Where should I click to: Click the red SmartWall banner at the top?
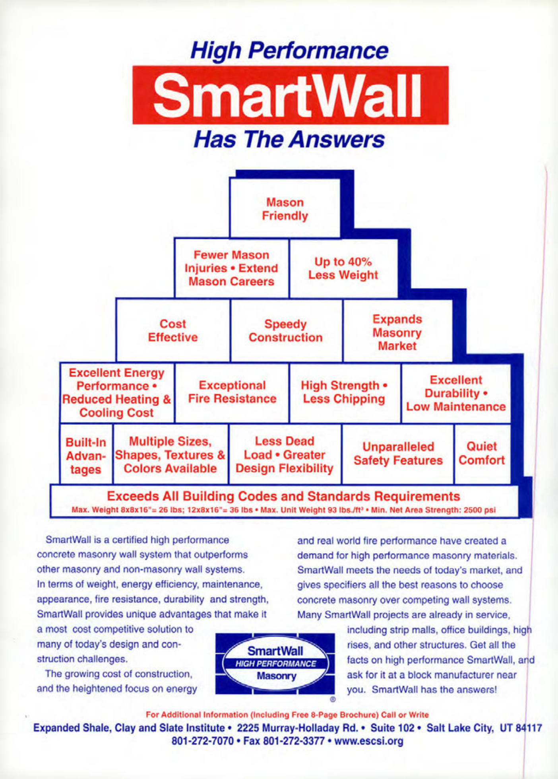291,95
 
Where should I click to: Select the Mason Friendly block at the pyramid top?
285,208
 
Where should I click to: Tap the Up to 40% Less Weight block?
344,268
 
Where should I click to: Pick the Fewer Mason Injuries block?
232,268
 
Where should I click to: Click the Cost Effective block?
173,330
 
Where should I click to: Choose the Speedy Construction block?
286,330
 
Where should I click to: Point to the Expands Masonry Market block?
397,330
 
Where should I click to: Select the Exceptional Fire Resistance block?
232,392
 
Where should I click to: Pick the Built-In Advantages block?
86,455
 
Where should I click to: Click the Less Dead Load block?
285,455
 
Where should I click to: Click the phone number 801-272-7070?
202,741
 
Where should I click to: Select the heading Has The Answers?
289,140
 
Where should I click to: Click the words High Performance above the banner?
289,51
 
